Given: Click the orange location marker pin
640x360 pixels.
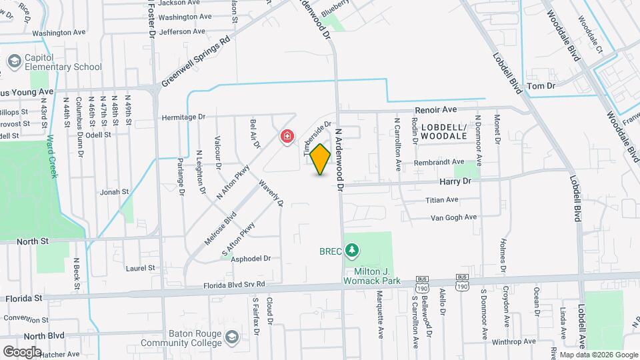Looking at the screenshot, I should [x=321, y=159].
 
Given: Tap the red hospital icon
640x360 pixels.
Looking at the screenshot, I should [x=287, y=137].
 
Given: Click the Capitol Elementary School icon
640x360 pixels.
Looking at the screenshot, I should [x=13, y=61].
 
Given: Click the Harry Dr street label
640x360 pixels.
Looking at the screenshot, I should [x=456, y=181].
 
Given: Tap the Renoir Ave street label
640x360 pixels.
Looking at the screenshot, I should [x=435, y=109].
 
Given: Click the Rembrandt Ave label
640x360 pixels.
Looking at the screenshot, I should [x=439, y=162].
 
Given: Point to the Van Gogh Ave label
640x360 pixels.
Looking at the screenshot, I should [x=453, y=217].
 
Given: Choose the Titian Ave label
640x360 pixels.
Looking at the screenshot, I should [x=442, y=199].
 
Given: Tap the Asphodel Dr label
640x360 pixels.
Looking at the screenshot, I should [x=250, y=258].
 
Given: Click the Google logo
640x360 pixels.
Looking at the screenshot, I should [x=21, y=351].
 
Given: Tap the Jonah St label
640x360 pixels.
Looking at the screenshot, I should [x=114, y=191].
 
